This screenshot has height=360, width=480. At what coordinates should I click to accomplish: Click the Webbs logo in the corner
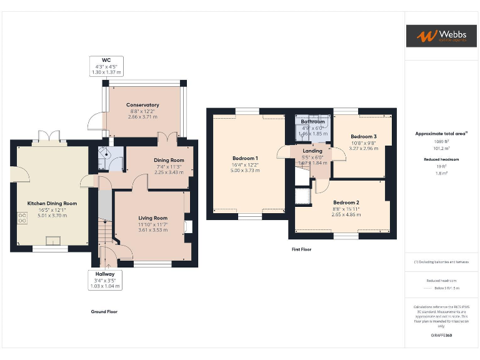coord(442,36)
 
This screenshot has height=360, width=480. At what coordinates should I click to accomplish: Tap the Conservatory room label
coord(142,105)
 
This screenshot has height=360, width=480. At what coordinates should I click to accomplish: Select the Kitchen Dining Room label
coord(52,203)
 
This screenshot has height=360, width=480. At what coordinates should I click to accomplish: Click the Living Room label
coord(152,218)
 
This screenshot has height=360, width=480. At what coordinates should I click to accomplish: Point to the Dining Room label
coord(169,160)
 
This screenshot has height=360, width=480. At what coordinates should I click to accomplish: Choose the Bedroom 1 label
coord(244,158)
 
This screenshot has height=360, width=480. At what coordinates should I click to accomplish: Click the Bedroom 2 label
coord(346,202)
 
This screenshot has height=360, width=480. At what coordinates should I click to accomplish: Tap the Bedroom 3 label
coord(363,137)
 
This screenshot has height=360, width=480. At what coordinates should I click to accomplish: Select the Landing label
coord(312,151)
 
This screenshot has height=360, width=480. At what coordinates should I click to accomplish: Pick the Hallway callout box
coord(104,279)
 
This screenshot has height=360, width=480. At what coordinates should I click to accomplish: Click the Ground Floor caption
coord(104,311)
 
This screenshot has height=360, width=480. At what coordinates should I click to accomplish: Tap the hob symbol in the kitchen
coord(22,218)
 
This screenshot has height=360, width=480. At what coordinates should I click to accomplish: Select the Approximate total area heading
coord(441,134)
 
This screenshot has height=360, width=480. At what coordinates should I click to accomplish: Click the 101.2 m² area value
coord(441,149)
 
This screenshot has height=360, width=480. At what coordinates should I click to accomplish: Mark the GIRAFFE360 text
coord(441,336)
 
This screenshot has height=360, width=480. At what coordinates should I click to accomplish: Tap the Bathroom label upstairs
coord(312,122)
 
